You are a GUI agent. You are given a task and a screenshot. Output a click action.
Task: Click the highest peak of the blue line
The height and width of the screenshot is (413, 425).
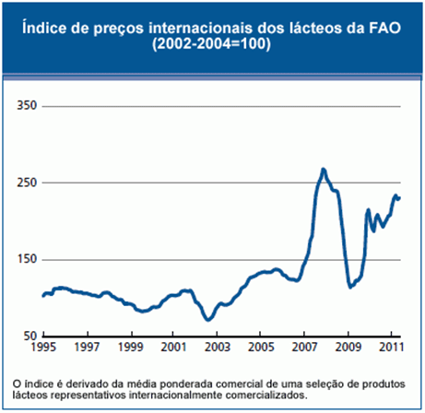pyautogui.click(x=323, y=170)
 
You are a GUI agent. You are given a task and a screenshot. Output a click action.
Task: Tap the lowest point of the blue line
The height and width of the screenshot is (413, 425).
pyautogui.click(x=209, y=320)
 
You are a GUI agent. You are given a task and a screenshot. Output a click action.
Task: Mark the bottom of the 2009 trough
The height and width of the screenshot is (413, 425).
pyautogui.click(x=350, y=287)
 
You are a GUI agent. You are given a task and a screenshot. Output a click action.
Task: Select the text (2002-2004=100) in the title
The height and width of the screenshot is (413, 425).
pyautogui.click(x=212, y=45)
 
